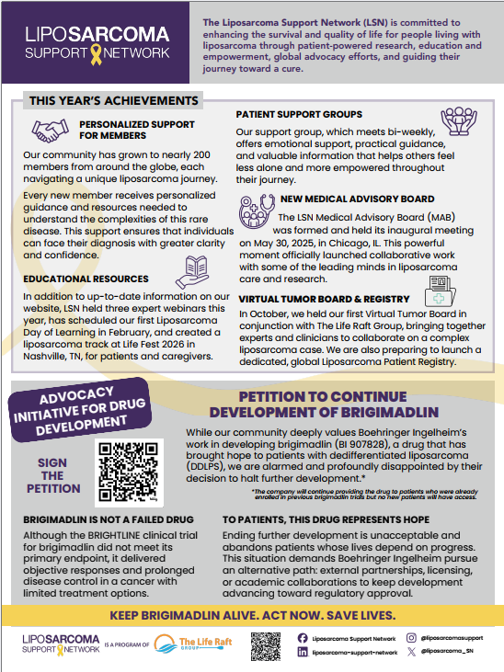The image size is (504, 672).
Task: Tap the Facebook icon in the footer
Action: pos(302,637)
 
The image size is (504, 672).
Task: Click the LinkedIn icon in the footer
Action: pos(302,652)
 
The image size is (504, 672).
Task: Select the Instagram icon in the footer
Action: pos(411,637)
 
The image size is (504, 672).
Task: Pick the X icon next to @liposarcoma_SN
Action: pos(411,652)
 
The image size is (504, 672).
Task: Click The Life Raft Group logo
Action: pos(189,644)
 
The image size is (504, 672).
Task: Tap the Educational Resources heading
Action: pos(87,279)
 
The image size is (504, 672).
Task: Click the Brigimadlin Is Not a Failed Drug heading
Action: pos(98,519)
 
